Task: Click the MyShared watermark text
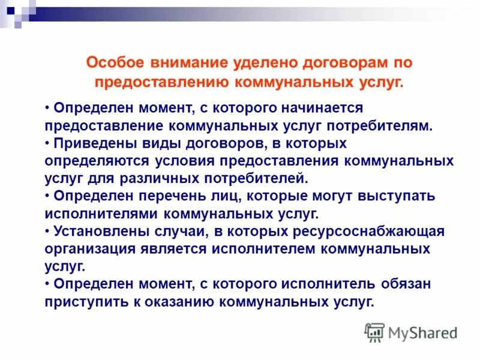pos(422,332)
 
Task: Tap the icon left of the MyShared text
pos(374,332)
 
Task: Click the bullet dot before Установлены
pos(47,231)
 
